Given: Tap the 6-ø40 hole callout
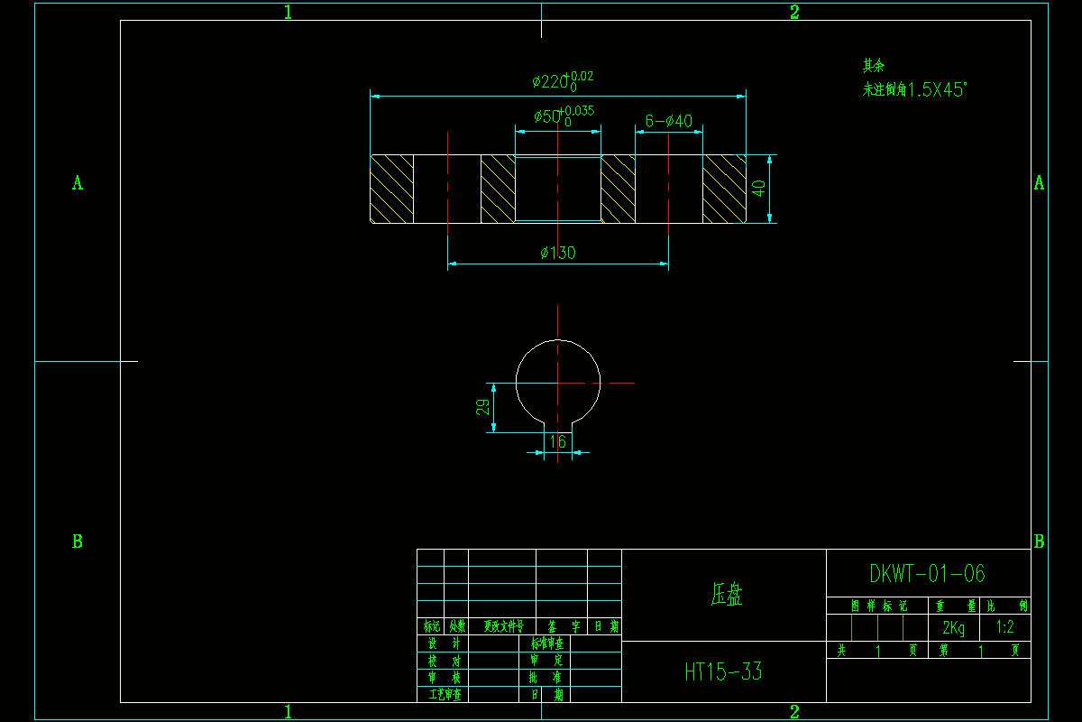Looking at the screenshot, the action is (668, 121).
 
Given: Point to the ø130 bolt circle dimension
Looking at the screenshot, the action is (558, 253).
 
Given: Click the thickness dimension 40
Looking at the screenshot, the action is (759, 189).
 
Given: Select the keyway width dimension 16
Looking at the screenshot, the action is (558, 441).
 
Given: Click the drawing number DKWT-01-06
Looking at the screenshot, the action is (927, 574).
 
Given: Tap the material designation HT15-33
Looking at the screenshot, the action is (723, 671).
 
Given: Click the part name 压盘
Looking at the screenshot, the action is (727, 594).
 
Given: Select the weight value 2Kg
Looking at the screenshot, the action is (953, 628).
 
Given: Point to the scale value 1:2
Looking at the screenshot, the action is (1004, 627).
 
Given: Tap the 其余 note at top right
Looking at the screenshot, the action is (874, 66).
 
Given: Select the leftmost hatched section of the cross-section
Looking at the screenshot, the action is (391, 189).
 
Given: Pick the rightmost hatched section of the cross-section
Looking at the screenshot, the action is (725, 189).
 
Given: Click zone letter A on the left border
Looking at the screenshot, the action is (78, 183).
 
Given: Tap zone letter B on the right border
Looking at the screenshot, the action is (1039, 542).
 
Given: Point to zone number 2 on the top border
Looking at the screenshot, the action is (794, 12).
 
